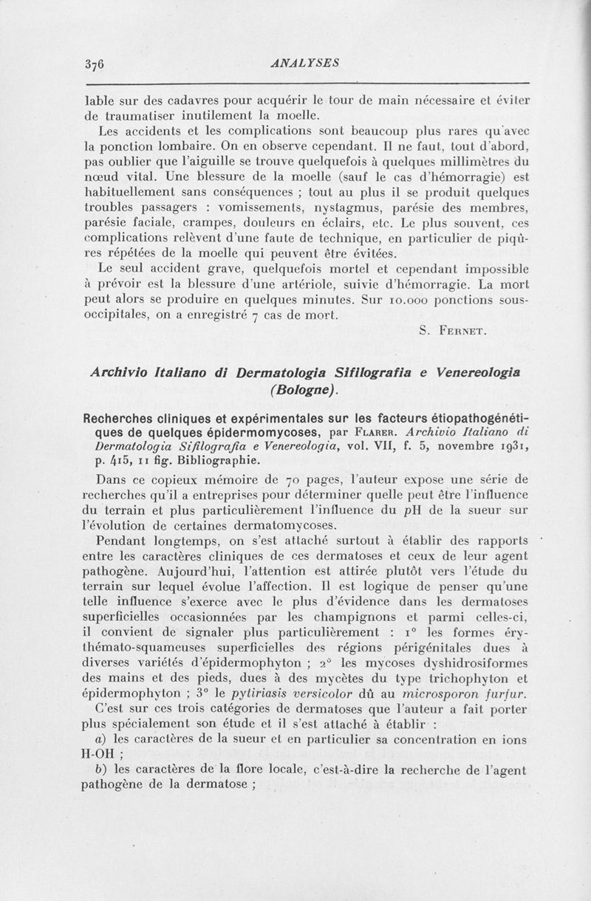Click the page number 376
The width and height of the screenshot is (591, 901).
tap(98, 64)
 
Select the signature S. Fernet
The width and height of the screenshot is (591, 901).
tap(451, 331)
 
